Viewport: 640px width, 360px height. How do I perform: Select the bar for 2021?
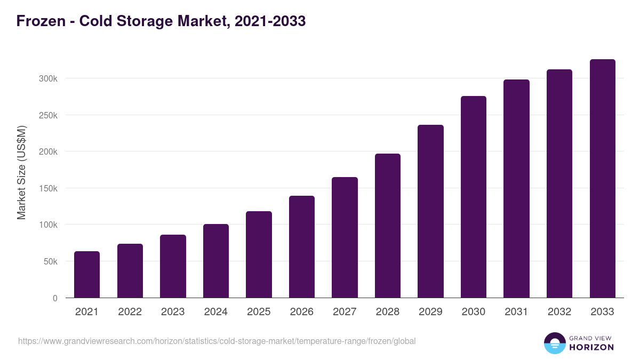coord(87,275)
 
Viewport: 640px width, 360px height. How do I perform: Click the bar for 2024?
coord(216,261)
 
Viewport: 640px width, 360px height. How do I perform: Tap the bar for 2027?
coord(345,237)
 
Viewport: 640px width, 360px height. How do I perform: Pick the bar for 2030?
coord(474,197)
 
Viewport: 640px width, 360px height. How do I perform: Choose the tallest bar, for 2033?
coord(602,179)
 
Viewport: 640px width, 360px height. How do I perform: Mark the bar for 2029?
coord(430,211)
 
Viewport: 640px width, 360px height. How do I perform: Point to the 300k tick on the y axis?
coord(48,78)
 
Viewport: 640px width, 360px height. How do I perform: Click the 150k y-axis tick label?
coord(48,188)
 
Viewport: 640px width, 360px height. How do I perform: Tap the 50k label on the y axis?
coord(50,261)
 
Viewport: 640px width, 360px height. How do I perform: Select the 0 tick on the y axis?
coord(54,298)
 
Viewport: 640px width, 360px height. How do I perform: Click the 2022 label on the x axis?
coord(130,312)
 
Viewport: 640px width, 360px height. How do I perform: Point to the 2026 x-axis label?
coord(302,312)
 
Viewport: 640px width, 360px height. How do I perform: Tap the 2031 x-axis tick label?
coord(516,312)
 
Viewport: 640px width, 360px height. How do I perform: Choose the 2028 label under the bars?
coord(388,312)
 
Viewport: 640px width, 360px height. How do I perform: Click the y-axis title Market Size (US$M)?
coord(21,172)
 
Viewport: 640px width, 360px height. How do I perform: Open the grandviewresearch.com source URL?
coord(217,341)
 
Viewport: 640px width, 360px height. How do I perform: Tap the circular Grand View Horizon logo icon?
coord(554,343)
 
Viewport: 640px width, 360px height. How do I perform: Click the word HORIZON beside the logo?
coord(591,347)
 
